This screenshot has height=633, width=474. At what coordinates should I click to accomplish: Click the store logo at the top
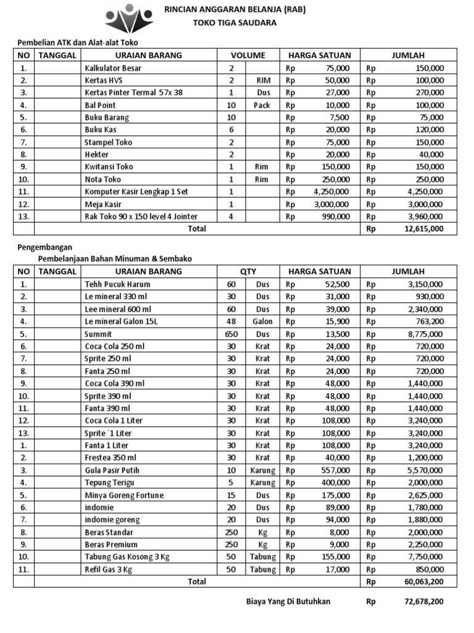click(x=128, y=18)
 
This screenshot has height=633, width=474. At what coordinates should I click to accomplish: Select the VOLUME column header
click(x=248, y=55)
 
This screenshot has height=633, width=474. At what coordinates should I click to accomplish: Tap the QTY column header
click(x=248, y=271)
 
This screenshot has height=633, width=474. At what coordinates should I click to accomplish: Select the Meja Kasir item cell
click(x=103, y=204)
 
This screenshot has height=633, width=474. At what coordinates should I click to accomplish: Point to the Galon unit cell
click(x=262, y=321)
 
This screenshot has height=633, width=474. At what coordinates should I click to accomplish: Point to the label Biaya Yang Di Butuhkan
click(x=288, y=601)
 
